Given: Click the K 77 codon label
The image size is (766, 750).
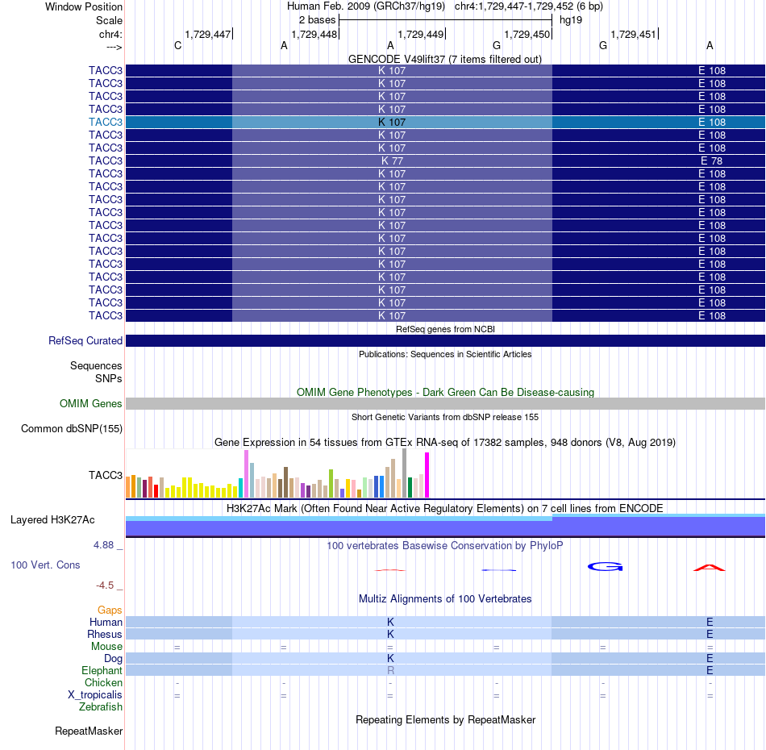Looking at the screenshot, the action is pos(393,160).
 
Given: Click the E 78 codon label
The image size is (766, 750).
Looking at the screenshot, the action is pos(711,160).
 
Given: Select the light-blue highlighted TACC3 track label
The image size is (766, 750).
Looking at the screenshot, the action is pos(106,122).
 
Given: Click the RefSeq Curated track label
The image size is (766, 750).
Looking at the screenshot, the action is pos(85,340).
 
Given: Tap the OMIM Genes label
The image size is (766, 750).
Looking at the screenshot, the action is pos(91,403).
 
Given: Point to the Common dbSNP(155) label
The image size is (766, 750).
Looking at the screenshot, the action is pos(72,428).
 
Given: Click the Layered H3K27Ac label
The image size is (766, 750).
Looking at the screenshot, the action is pos(52,520).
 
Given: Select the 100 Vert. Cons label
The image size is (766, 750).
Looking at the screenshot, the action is pos(45,565).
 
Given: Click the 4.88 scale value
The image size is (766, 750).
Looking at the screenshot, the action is pos(103,545).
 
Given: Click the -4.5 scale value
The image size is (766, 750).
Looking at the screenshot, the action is pos(105,585).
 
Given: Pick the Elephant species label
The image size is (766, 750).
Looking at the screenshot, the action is pos(102,670).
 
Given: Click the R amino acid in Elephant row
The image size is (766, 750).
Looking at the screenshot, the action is pos(390,670).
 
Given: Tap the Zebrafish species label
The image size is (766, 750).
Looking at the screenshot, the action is pos(101,707).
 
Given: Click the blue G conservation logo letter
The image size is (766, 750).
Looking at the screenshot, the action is pos(606,567).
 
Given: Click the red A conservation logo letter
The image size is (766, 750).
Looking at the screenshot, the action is pos(710,568).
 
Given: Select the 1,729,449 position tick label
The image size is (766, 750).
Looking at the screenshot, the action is pos(421,34).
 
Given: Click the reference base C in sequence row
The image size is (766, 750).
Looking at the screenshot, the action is pos(178,45).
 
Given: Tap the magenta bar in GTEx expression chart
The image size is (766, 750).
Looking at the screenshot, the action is pos(427,475).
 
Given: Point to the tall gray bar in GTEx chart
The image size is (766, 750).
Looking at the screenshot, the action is pos(405,473).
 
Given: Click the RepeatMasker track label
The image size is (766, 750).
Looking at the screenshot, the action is pos(89,731).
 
